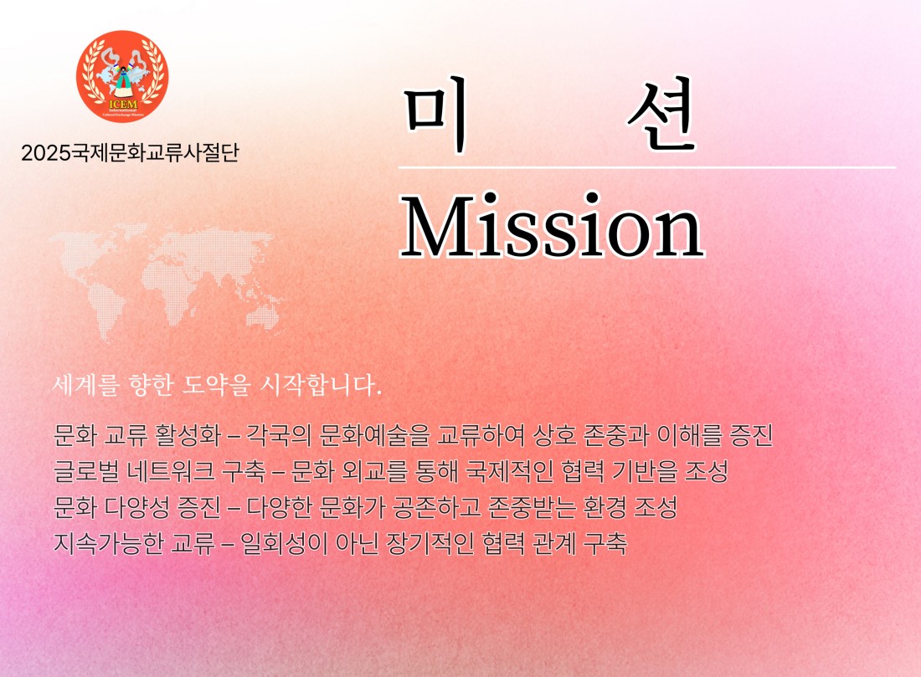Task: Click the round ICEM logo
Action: tap(122, 76)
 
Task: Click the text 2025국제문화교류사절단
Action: tap(130, 152)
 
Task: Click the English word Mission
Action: tap(552, 226)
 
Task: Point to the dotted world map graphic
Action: tap(167, 280)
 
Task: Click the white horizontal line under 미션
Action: tap(647, 167)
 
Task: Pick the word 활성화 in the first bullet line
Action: tap(188, 435)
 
